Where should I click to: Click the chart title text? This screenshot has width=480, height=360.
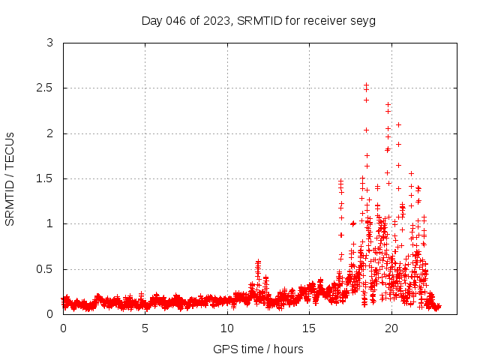pyautogui.click(x=259, y=20)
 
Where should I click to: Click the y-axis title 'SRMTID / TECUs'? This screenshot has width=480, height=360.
pyautogui.click(x=10, y=178)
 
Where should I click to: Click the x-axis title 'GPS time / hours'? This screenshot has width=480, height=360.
pyautogui.click(x=259, y=349)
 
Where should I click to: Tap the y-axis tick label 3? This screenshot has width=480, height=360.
pyautogui.click(x=49, y=43)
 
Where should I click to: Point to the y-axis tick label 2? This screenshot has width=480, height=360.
pyautogui.click(x=49, y=133)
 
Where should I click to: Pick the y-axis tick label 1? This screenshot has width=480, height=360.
pyautogui.click(x=49, y=223)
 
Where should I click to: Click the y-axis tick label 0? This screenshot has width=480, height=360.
pyautogui.click(x=49, y=314)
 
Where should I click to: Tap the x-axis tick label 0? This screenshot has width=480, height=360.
pyautogui.click(x=63, y=328)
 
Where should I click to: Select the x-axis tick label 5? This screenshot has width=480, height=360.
pyautogui.click(x=145, y=328)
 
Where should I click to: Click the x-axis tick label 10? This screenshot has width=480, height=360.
pyautogui.click(x=227, y=328)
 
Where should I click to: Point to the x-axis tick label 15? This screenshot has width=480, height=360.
pyautogui.click(x=309, y=328)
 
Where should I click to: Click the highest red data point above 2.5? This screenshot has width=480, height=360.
pyautogui.click(x=366, y=85)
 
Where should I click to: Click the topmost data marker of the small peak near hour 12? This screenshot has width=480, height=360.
pyautogui.click(x=258, y=262)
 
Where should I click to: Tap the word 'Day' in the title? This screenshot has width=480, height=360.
pyautogui.click(x=152, y=20)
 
